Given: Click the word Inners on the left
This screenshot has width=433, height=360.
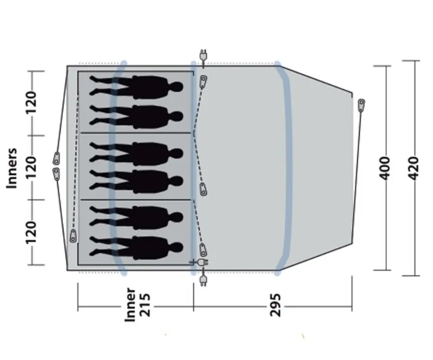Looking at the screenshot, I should pos(12,168).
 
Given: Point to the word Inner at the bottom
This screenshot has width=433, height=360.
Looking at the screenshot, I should pos(130,304).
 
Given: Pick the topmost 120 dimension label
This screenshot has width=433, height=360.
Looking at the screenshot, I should pos(31,103).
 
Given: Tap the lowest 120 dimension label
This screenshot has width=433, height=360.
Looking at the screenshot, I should pos(31,232).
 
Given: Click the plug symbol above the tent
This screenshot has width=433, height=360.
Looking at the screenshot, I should pos(204,56).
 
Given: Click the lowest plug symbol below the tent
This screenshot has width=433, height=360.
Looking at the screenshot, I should pos(204,280).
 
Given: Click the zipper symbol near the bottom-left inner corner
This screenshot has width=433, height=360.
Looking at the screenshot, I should pos(74,236).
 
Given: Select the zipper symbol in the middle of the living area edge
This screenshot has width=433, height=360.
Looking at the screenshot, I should pos(204,189).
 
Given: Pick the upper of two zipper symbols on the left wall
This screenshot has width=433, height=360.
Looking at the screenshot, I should pos(56,159).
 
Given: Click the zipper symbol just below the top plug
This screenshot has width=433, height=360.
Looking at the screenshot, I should pos(204,82).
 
